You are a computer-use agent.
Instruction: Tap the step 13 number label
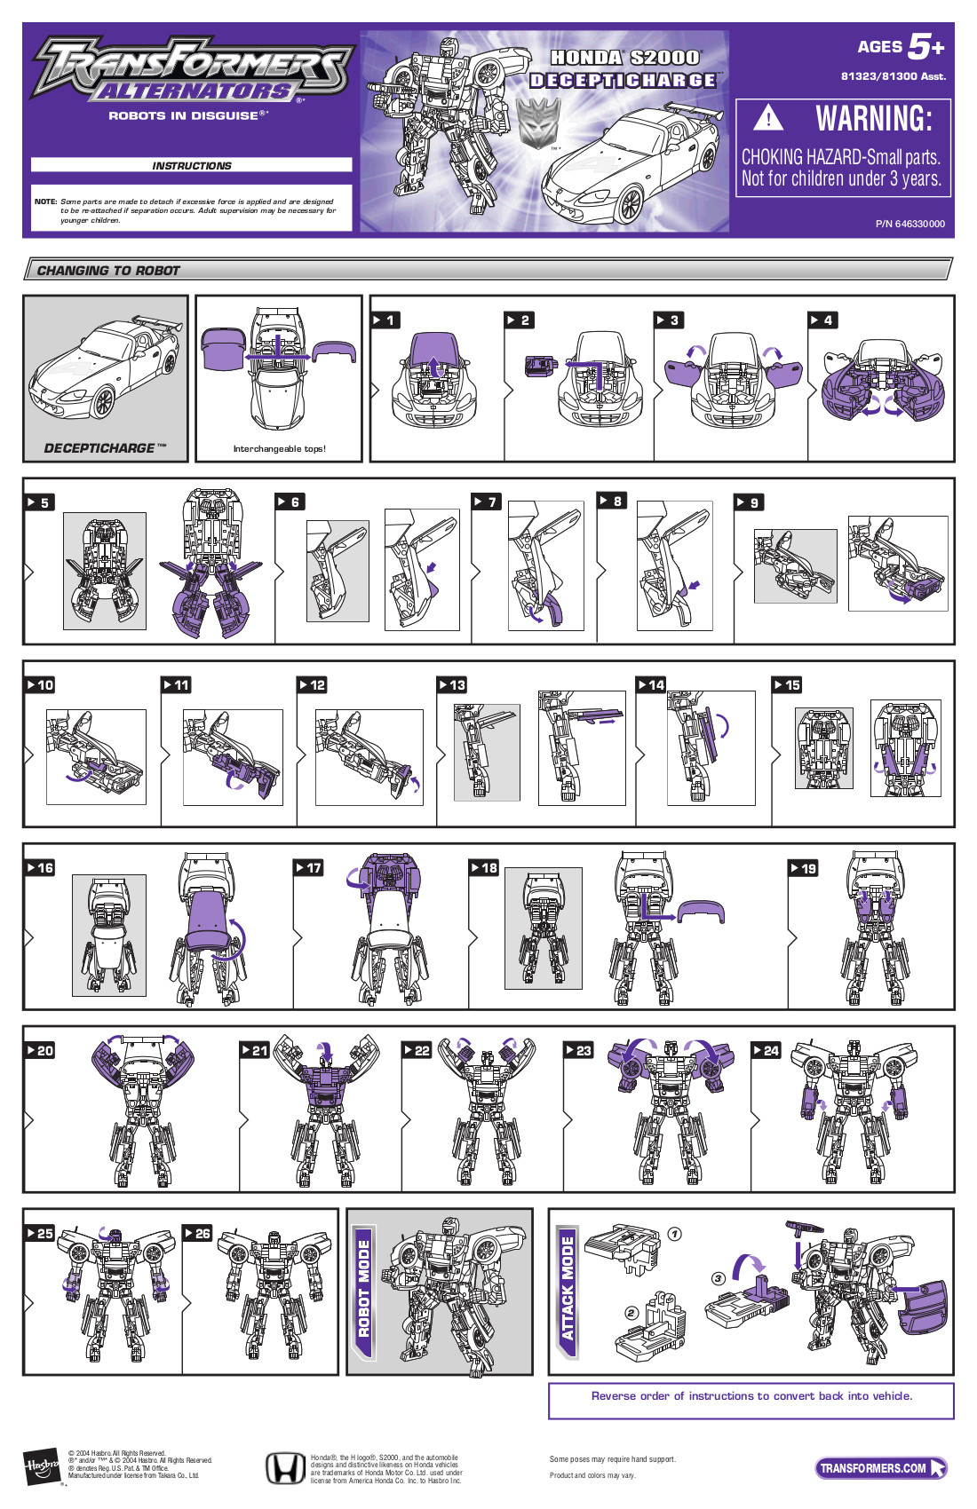tap(452, 685)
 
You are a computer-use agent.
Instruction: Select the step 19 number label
tap(804, 868)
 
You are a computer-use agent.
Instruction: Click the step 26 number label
tap(197, 1234)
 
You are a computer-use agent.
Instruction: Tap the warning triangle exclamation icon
tap(768, 118)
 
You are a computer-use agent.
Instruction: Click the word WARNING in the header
tap(874, 119)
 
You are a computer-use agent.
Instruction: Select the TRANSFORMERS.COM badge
tap(879, 1468)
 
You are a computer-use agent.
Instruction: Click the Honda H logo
tap(285, 1469)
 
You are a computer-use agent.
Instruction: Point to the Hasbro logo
tap(41, 1466)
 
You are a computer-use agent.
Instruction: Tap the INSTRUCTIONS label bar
tap(191, 165)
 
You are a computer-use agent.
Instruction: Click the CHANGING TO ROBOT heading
tap(108, 271)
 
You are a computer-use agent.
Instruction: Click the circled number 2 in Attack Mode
tap(631, 1313)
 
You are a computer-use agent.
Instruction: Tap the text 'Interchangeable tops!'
tap(279, 449)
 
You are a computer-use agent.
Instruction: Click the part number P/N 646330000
tap(909, 224)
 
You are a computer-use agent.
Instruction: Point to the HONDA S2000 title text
tap(624, 58)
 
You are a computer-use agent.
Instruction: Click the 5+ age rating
tap(925, 46)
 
